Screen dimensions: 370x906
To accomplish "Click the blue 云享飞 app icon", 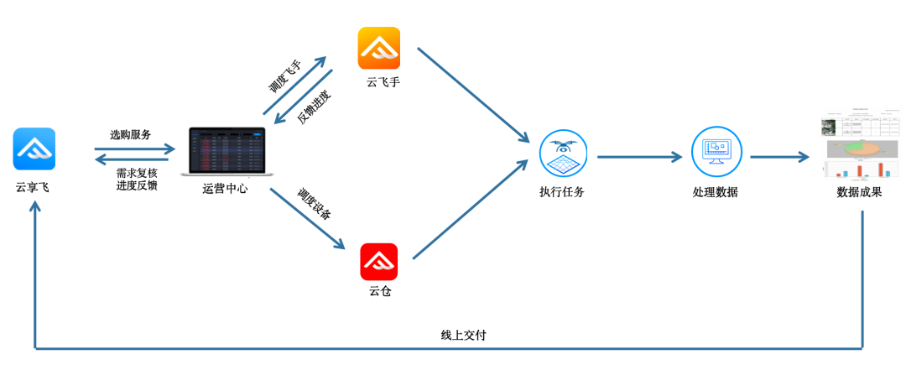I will point(34,149).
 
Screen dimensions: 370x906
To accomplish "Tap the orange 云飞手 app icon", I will point(379,49).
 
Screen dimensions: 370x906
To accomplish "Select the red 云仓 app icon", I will point(379,261).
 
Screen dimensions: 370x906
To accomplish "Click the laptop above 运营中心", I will point(227,151).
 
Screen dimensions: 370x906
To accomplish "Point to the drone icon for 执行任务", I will point(563,154).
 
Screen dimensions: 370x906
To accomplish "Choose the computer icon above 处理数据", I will point(716,152).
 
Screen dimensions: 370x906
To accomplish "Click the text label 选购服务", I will point(131,134).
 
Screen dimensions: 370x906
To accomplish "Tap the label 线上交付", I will point(464,335).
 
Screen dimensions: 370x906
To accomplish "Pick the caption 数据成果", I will point(859,192).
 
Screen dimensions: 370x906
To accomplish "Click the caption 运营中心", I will point(225,189).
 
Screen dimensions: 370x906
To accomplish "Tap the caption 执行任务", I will point(562,191).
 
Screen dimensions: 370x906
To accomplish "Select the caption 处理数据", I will point(716,191).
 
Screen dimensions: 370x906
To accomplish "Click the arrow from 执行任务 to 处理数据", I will point(639,156).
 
